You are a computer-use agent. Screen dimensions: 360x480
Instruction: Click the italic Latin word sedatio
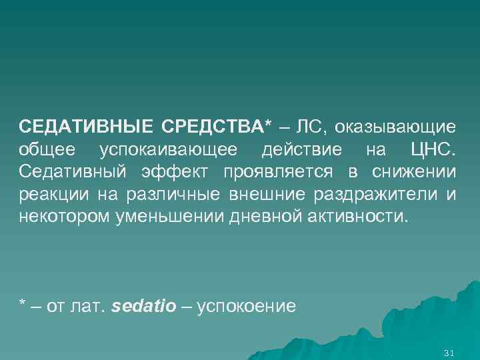tap(145, 307)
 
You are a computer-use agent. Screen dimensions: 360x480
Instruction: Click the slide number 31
tap(448, 352)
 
